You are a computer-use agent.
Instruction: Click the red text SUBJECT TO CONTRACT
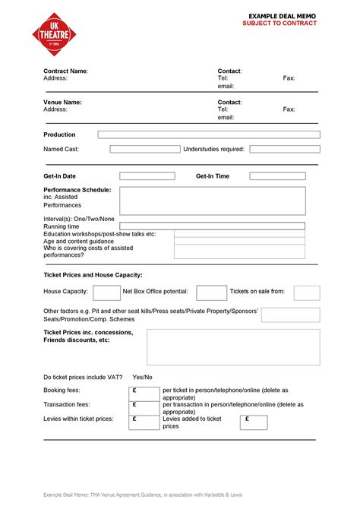click(x=279, y=24)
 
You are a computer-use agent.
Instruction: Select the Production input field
click(x=209, y=134)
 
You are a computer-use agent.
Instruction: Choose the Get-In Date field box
click(x=147, y=176)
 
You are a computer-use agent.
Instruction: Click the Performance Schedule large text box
click(x=212, y=201)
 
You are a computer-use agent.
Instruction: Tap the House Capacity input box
click(x=106, y=292)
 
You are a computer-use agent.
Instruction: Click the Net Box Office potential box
click(x=211, y=292)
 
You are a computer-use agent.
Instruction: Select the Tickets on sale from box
click(x=307, y=292)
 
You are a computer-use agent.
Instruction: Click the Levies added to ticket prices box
click(x=256, y=422)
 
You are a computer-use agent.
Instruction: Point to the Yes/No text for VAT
click(x=142, y=377)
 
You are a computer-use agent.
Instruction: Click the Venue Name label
click(x=62, y=102)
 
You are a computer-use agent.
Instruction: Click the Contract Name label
click(x=65, y=71)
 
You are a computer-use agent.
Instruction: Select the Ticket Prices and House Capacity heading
click(x=93, y=274)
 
